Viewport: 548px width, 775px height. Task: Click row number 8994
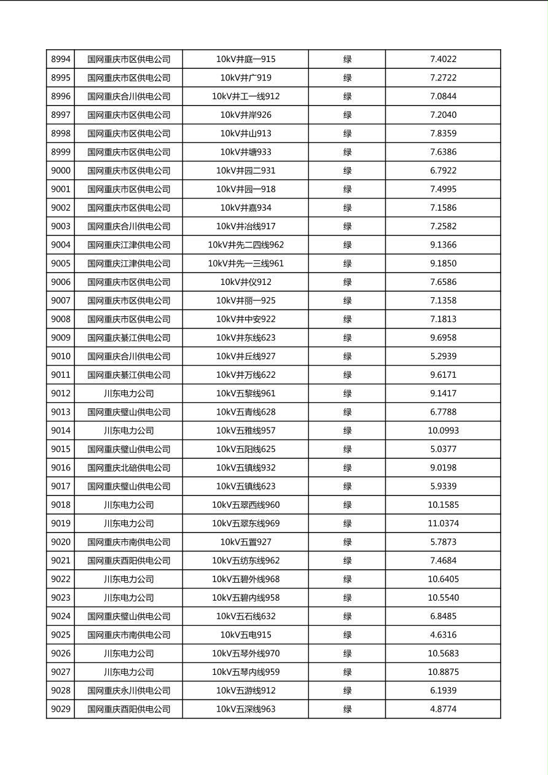click(61, 60)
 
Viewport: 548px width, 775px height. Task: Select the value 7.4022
click(443, 60)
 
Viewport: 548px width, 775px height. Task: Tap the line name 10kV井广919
click(246, 78)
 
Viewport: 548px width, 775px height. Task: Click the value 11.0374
click(443, 523)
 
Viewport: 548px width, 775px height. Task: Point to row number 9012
click(61, 394)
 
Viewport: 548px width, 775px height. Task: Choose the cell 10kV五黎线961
click(246, 394)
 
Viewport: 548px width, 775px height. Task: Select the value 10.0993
click(443, 430)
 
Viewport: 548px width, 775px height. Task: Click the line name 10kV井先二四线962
click(246, 245)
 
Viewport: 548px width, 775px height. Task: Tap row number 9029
click(61, 709)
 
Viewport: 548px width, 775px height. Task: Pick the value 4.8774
click(443, 709)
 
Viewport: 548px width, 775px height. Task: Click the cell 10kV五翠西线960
click(246, 505)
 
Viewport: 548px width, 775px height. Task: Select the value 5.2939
click(443, 356)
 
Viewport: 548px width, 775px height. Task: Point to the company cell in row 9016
click(128, 468)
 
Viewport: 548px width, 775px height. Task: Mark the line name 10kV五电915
click(246, 635)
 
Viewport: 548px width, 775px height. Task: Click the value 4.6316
click(443, 635)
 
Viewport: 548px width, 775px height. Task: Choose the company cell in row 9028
click(128, 691)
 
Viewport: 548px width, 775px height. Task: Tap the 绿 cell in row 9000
click(347, 171)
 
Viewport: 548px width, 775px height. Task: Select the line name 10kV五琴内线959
click(246, 672)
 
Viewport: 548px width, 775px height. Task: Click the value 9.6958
click(443, 338)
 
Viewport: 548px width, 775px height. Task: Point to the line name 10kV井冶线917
click(246, 227)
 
